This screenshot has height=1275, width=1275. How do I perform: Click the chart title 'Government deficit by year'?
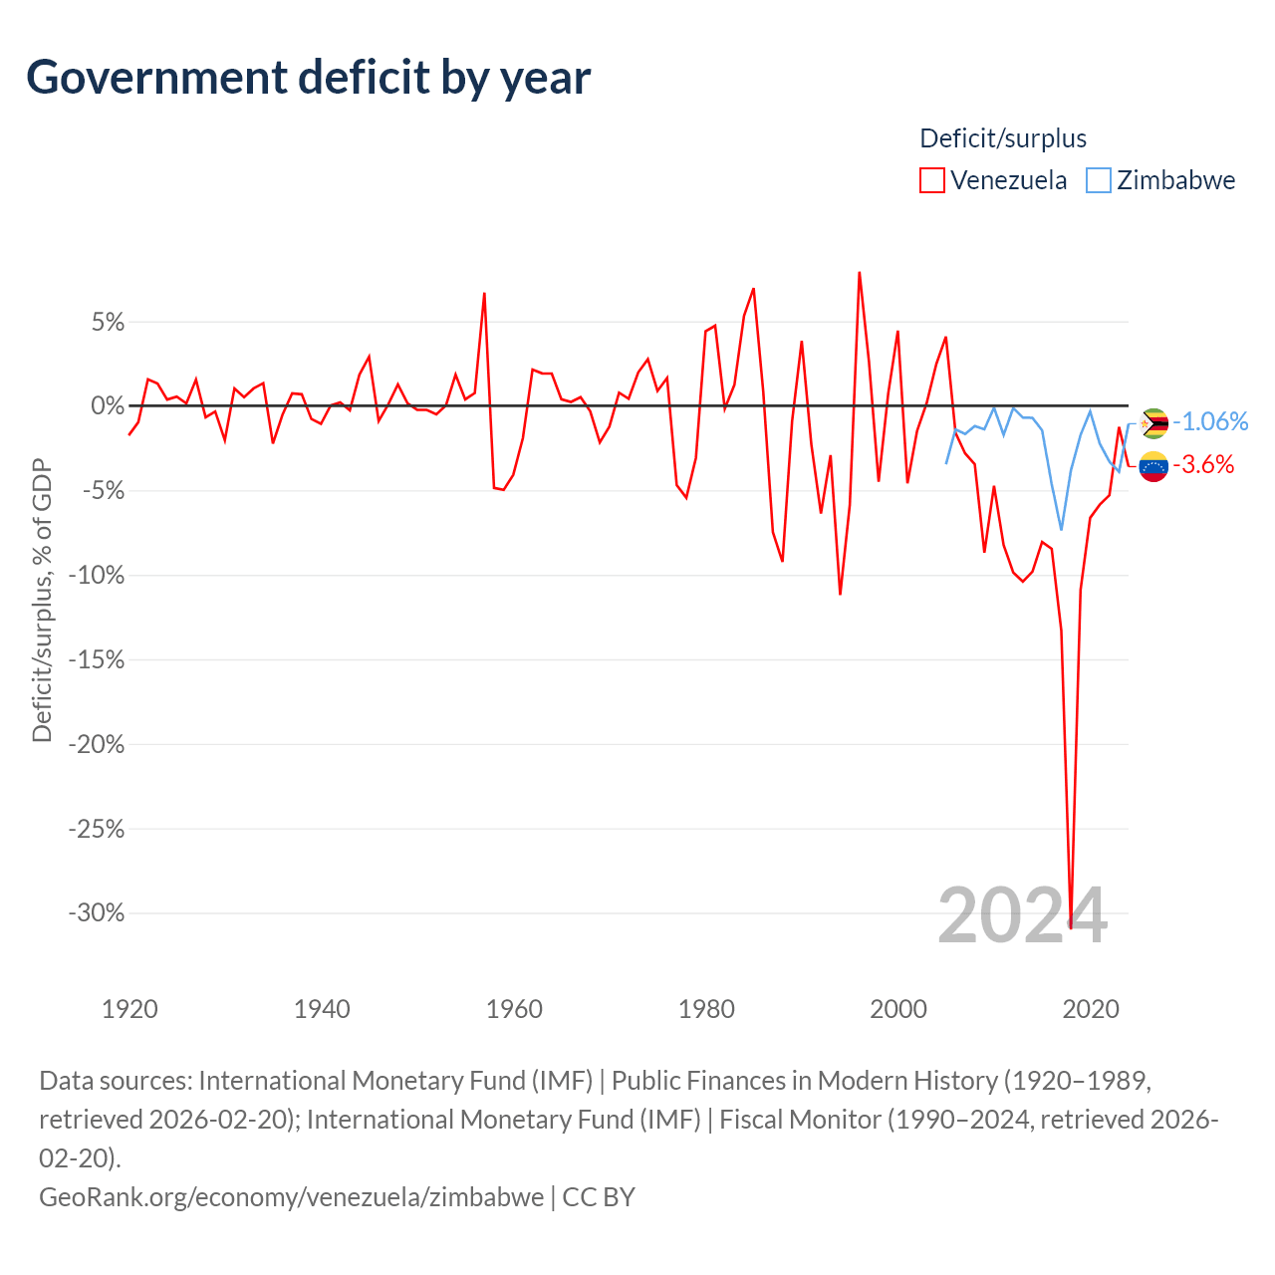pos(308,78)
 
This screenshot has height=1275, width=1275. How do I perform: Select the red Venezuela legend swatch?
pos(931,180)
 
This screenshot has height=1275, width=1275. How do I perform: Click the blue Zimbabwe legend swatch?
pos(1099,180)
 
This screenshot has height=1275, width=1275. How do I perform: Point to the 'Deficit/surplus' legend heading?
pos(1002,138)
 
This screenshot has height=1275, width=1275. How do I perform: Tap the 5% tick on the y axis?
pos(108,322)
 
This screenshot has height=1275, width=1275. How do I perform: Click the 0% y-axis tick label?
pos(108,405)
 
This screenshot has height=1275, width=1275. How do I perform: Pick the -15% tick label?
pos(97,659)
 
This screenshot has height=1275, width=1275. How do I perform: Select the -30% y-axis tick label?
pos(97,913)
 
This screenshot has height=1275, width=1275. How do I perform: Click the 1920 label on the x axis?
pos(129,1009)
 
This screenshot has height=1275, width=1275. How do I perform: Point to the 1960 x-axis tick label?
pos(514,1009)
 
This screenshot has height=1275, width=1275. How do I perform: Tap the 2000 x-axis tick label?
pos(898,1009)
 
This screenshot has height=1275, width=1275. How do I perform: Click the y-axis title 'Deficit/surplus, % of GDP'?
pos(42,600)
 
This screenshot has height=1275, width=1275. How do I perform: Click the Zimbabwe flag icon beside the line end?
pos(1153,423)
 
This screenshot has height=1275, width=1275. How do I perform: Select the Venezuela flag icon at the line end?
pos(1153,466)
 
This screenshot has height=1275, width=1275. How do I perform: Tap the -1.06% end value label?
pos(1210,421)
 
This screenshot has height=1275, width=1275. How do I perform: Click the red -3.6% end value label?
pos(1203,464)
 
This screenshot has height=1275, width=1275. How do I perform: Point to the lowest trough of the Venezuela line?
pos(1071,927)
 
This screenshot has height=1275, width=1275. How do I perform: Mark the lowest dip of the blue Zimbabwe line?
pos(1061,529)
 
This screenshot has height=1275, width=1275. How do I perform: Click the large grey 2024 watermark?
pos(1022,915)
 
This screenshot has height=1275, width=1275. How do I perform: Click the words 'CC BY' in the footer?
pos(599,1197)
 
